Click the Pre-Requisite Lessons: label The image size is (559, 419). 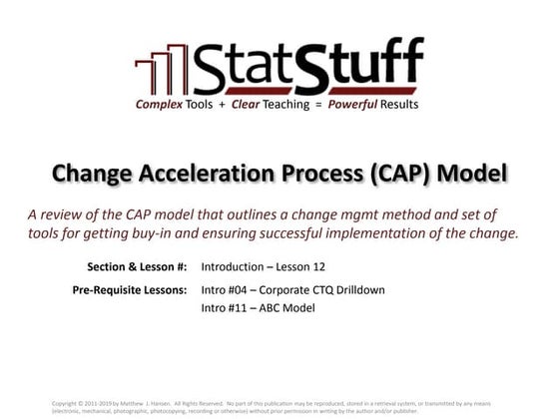[x=134, y=290]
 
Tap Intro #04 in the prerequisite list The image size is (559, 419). [x=229, y=290]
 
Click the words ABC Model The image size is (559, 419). [x=286, y=308]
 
